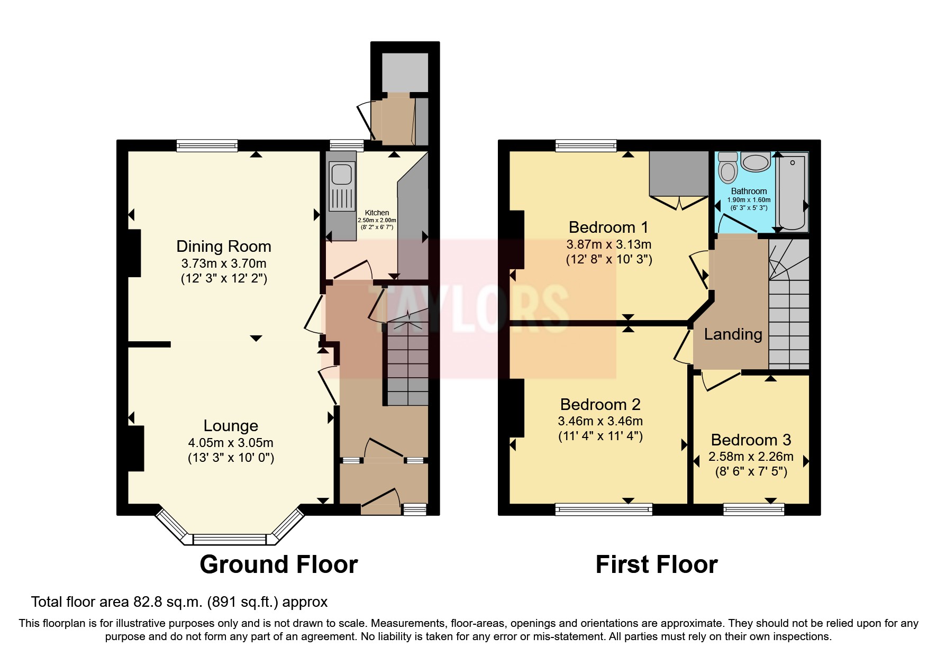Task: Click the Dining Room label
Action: (223, 247)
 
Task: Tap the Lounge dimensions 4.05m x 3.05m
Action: (231, 443)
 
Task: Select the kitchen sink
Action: (341, 174)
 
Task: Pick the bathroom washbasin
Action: (756, 161)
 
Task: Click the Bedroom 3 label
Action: (751, 440)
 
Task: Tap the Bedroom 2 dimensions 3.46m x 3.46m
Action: (600, 421)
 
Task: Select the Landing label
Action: (733, 334)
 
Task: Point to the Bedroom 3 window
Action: (754, 509)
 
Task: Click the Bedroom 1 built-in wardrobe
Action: (679, 173)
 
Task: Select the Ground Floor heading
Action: (278, 564)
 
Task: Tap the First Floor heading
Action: (656, 564)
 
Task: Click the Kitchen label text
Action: (377, 213)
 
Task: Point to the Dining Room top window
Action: (207, 145)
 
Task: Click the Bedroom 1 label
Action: (608, 227)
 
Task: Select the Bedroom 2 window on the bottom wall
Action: (604, 509)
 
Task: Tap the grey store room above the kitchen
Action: (405, 72)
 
